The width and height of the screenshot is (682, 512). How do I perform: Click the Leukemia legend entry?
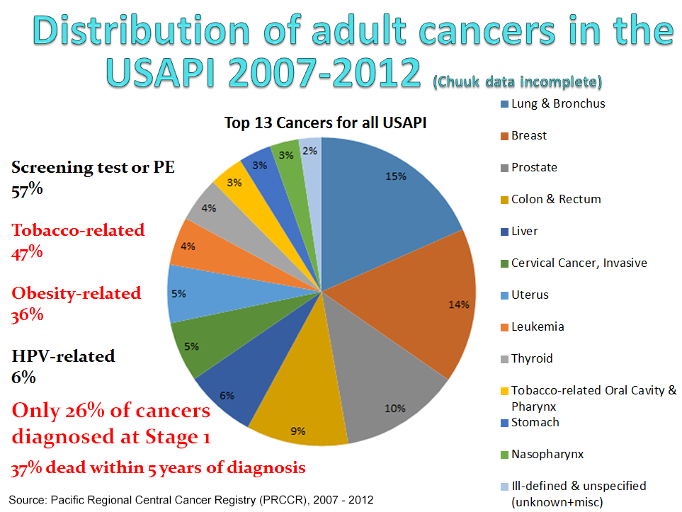[538, 326]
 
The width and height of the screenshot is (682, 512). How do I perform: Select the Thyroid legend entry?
[532, 358]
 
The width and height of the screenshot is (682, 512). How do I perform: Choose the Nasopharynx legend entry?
[547, 454]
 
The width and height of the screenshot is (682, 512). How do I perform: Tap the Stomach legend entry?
[535, 422]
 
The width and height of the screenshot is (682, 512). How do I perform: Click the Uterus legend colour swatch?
[504, 295]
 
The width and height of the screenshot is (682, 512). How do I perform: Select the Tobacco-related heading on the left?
[78, 230]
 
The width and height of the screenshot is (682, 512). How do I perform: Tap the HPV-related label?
[63, 356]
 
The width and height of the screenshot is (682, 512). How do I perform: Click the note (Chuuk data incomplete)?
[517, 82]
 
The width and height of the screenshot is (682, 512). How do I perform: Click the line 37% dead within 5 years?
[158, 467]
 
